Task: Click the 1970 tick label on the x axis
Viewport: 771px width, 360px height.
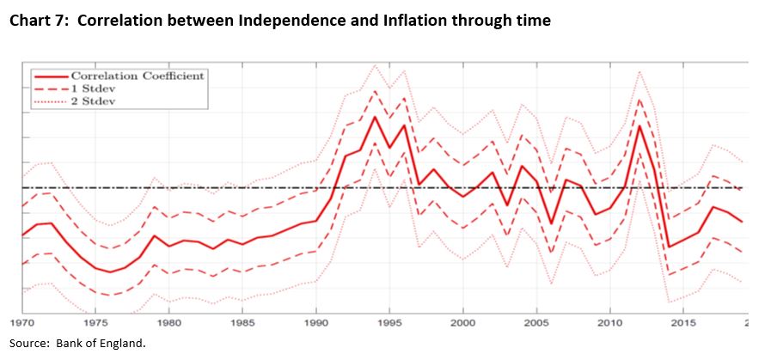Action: pyautogui.click(x=22, y=323)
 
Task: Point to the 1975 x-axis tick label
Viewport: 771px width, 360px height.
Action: pyautogui.click(x=96, y=323)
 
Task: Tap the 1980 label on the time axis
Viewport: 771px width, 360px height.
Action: pyautogui.click(x=169, y=323)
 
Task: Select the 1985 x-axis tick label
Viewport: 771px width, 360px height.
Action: pyautogui.click(x=243, y=323)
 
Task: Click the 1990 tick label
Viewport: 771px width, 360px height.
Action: pyautogui.click(x=316, y=323)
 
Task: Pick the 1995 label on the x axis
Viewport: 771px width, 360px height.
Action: pyautogui.click(x=389, y=323)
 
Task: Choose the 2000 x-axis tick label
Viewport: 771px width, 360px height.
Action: pyautogui.click(x=463, y=323)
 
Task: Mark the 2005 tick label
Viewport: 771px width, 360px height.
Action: pyautogui.click(x=536, y=323)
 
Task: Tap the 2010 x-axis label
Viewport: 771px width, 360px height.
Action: pyautogui.click(x=610, y=323)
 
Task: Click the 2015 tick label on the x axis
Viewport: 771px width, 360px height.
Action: pyautogui.click(x=683, y=323)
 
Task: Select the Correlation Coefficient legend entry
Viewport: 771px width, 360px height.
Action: pyautogui.click(x=138, y=76)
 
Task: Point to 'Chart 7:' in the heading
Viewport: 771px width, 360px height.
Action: pyautogui.click(x=38, y=21)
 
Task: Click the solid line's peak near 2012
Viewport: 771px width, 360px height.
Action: pyautogui.click(x=639, y=126)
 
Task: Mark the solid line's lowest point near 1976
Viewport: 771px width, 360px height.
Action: pyautogui.click(x=111, y=272)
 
